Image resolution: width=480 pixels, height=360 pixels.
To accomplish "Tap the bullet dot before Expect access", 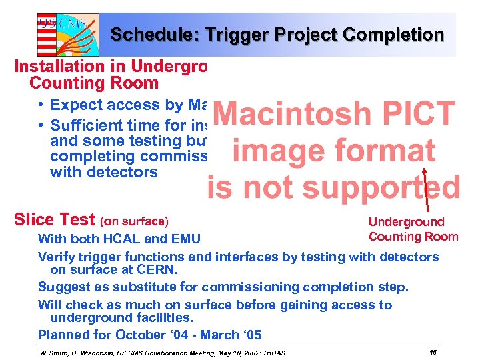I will pos(41,105).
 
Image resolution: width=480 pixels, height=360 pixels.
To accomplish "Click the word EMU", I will pos(185,239).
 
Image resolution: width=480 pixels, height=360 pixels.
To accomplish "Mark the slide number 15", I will pos(433,351).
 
